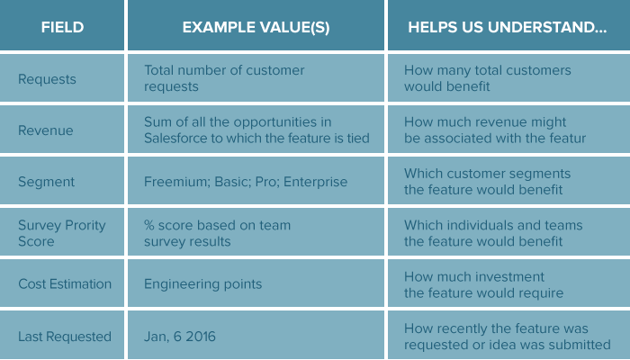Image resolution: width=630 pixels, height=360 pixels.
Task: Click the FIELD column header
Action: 62,27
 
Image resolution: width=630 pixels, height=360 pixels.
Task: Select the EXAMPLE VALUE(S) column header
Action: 256,27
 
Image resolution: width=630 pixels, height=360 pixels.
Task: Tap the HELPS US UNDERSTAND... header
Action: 507,27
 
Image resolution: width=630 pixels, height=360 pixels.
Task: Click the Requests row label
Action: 47,79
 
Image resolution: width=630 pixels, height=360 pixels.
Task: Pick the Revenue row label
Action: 46,130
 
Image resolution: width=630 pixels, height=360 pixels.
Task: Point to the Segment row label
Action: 46,182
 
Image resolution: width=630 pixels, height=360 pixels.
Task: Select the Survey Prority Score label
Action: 62,233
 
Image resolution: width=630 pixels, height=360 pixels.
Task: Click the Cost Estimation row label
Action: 65,284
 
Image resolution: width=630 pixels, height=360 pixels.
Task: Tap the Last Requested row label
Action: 65,337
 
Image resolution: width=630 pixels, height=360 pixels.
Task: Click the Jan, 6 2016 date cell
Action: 180,337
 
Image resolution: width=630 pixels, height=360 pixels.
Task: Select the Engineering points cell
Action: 202,284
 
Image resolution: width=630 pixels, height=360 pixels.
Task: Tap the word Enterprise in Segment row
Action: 315,182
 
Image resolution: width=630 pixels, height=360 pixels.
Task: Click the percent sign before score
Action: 149,225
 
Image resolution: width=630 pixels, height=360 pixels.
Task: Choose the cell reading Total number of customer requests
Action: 224,78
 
